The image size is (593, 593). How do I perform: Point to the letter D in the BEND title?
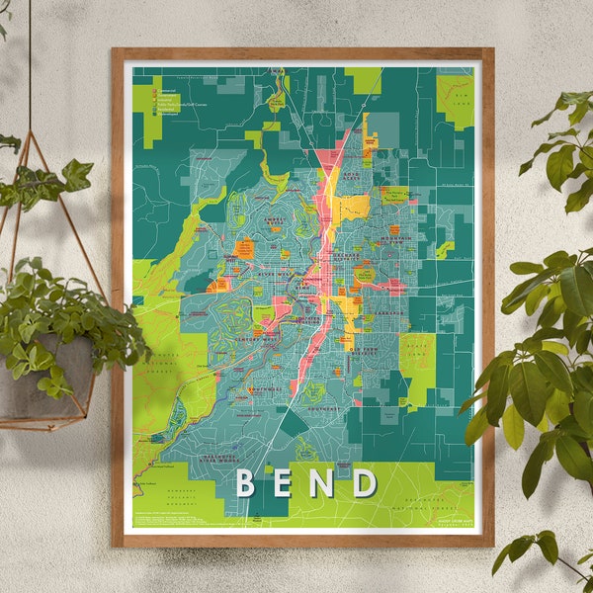point(365,483)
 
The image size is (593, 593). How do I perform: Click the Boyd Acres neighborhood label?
point(353,178)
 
